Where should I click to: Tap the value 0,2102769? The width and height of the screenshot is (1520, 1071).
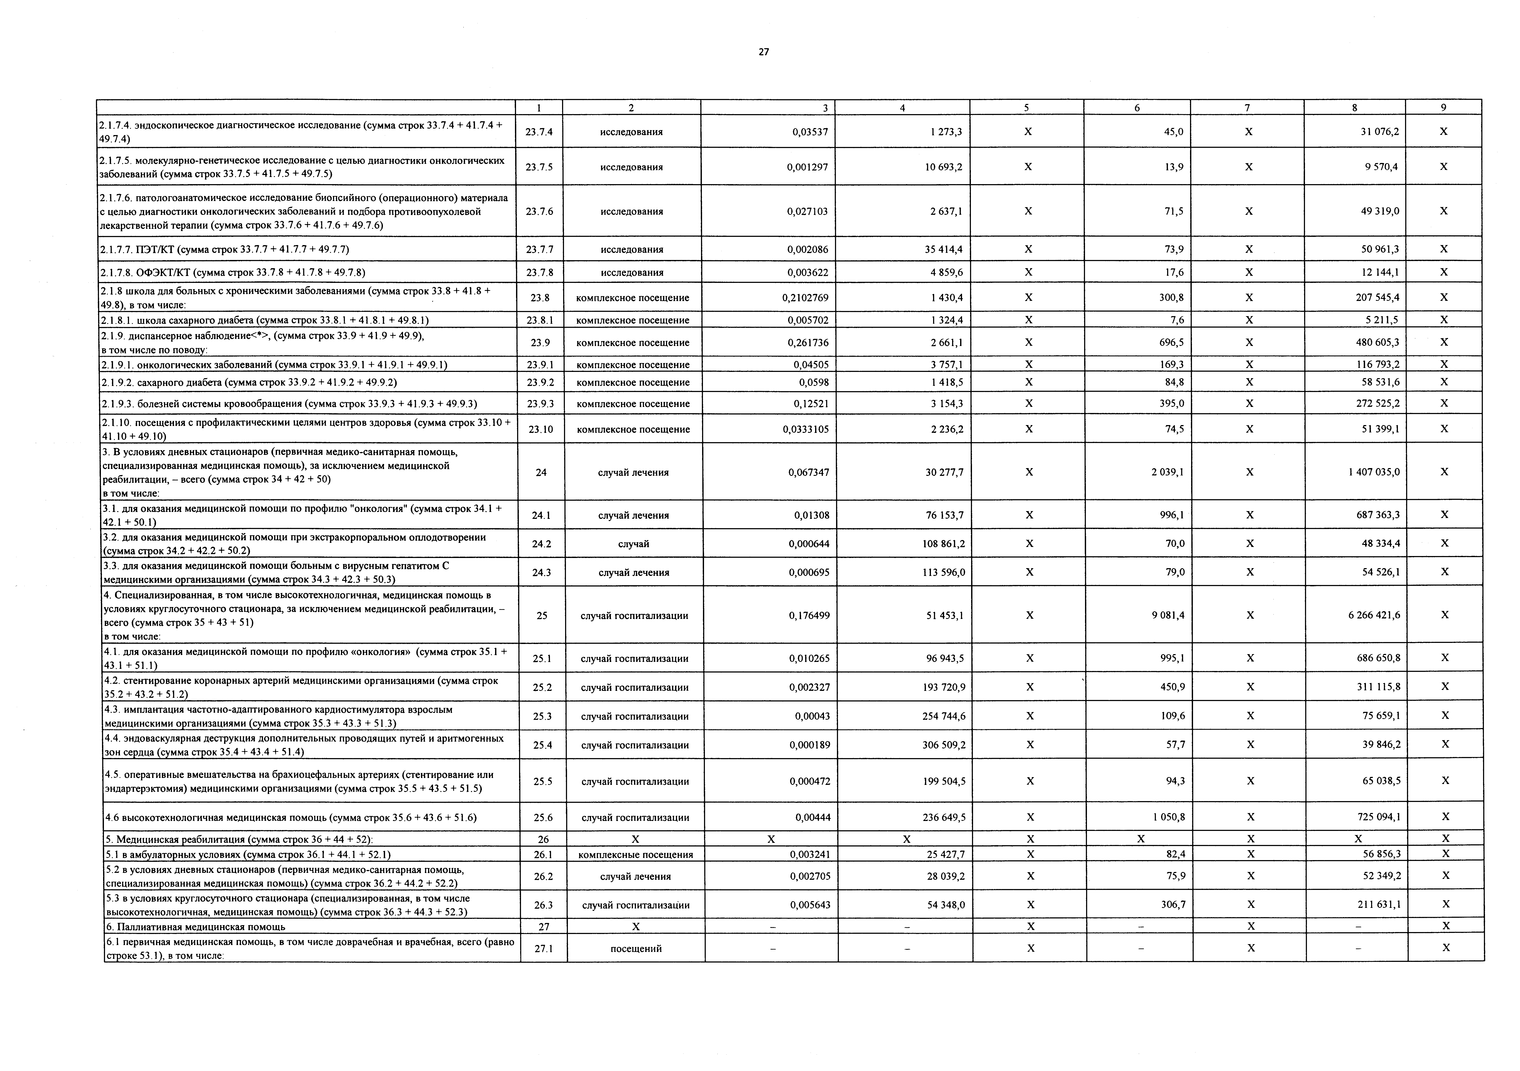805,298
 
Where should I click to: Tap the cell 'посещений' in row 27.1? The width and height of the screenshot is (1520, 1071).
636,948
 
